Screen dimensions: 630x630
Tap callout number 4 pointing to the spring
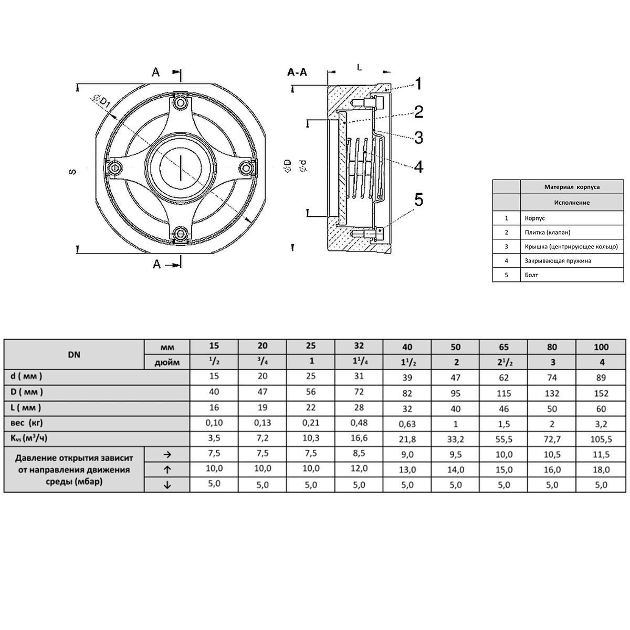(419, 166)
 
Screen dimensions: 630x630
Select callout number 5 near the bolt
(419, 199)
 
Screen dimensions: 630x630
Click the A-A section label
(297, 72)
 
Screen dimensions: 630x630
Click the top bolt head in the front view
(180, 103)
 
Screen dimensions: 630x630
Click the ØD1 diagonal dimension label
(102, 101)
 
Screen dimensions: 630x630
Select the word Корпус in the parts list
(534, 218)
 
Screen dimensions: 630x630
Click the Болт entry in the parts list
(531, 275)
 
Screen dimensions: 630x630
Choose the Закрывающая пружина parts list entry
(558, 261)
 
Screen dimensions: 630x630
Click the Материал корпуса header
(572, 187)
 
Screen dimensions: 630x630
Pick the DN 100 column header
(601, 347)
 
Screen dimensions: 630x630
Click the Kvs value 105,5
(601, 439)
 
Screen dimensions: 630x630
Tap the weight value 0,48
(359, 423)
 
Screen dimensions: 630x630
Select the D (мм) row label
(26, 392)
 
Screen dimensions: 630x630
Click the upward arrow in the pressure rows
(167, 470)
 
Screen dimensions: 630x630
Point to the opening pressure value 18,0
(601, 470)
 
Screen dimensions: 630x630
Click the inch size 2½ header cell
(504, 362)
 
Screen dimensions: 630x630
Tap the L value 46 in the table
(504, 408)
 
